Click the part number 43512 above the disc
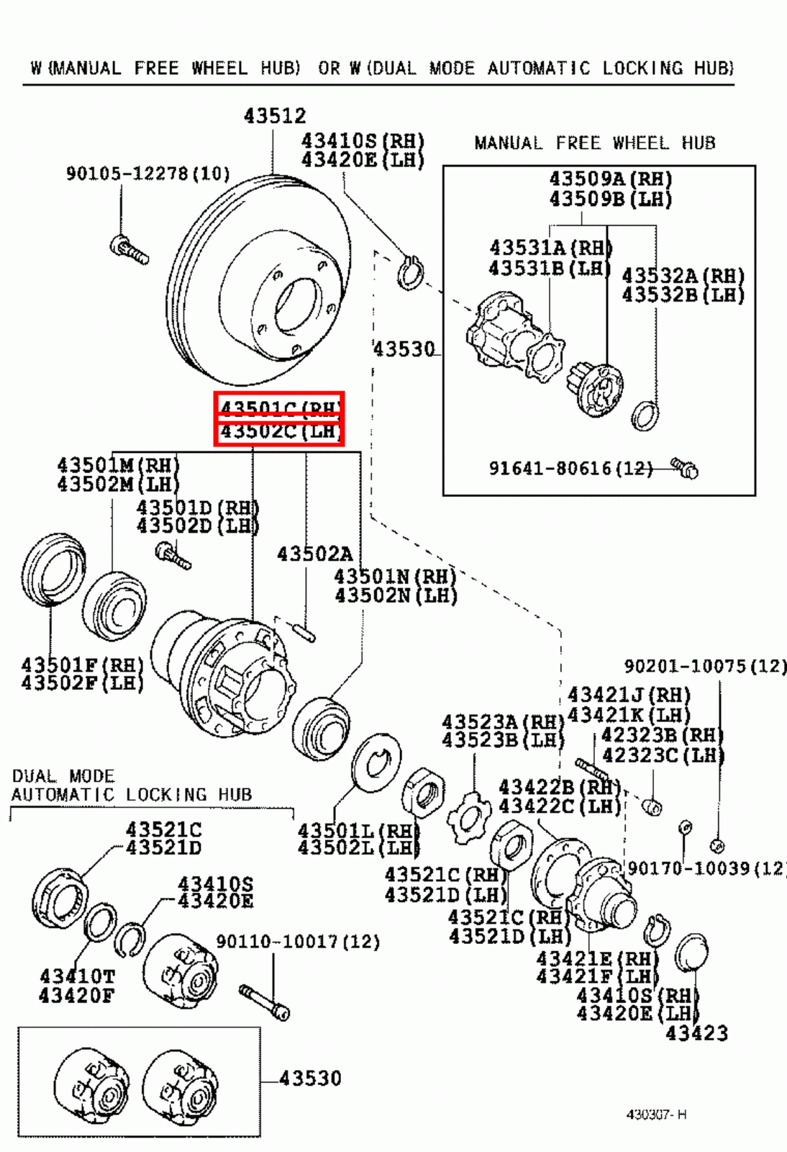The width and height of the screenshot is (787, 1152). coord(274,116)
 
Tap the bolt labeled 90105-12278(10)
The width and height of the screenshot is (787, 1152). coord(129,249)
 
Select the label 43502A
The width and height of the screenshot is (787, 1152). coord(314,554)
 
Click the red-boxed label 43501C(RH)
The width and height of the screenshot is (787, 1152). coord(279,408)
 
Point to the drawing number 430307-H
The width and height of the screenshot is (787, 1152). coord(656,1115)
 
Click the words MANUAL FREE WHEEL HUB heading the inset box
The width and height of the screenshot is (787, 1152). coord(594,143)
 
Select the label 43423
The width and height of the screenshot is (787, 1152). coord(696,1033)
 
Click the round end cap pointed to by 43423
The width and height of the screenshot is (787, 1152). coord(691,952)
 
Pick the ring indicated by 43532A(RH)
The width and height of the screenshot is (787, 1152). coord(645,415)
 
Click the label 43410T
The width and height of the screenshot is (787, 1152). coord(77,976)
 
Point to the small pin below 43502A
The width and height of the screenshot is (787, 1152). coord(304,631)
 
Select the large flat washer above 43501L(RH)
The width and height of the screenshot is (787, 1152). coord(377,763)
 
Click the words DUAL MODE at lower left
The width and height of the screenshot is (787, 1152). coord(63,776)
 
